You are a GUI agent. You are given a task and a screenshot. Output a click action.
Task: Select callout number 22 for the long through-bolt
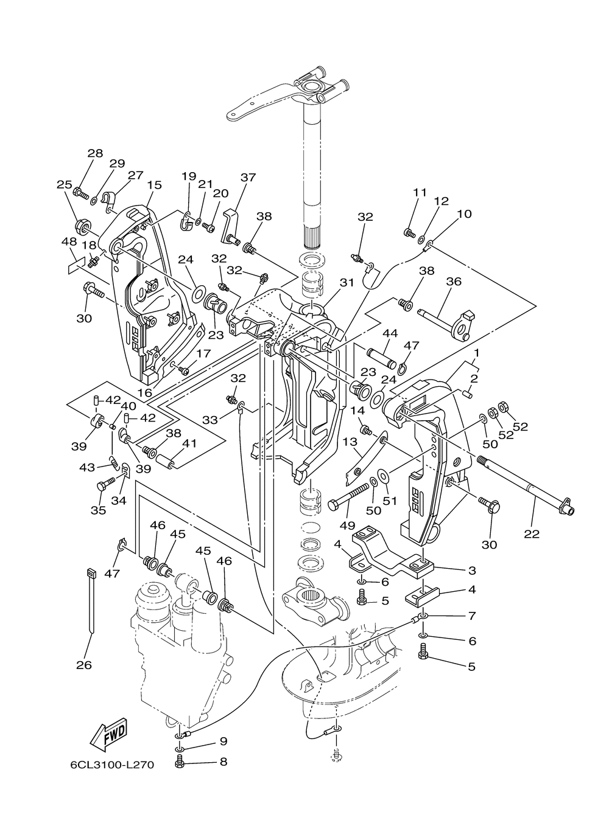(532, 533)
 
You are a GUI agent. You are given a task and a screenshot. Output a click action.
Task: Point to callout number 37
(248, 177)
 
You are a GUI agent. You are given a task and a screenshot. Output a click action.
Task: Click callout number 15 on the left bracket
(154, 185)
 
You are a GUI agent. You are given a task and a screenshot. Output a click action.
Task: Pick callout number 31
(346, 282)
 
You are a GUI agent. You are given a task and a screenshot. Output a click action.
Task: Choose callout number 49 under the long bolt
(347, 526)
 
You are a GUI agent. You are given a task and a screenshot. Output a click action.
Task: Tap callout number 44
(390, 333)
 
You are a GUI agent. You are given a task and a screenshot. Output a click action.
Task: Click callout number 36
(453, 281)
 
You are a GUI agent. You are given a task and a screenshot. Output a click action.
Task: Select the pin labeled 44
(382, 358)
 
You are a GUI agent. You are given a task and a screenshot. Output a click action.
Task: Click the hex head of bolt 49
(333, 504)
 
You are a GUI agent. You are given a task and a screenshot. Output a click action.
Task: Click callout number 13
(350, 442)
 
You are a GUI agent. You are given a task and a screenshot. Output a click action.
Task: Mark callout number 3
(472, 571)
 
